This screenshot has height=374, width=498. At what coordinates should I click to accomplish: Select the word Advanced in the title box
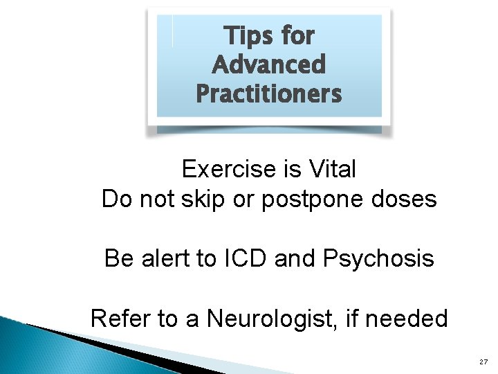[x=268, y=64]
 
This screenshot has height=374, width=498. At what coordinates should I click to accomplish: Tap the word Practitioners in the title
[x=268, y=93]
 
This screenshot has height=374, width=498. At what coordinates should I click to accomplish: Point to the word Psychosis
[x=378, y=260]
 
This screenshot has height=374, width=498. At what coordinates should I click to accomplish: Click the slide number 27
[x=482, y=362]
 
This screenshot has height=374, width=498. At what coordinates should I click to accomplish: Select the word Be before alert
[x=117, y=259]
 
